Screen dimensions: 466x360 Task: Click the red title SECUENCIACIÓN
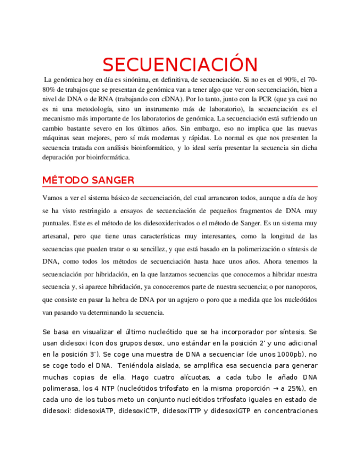[180, 64]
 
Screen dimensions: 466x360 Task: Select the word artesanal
[57, 236]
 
